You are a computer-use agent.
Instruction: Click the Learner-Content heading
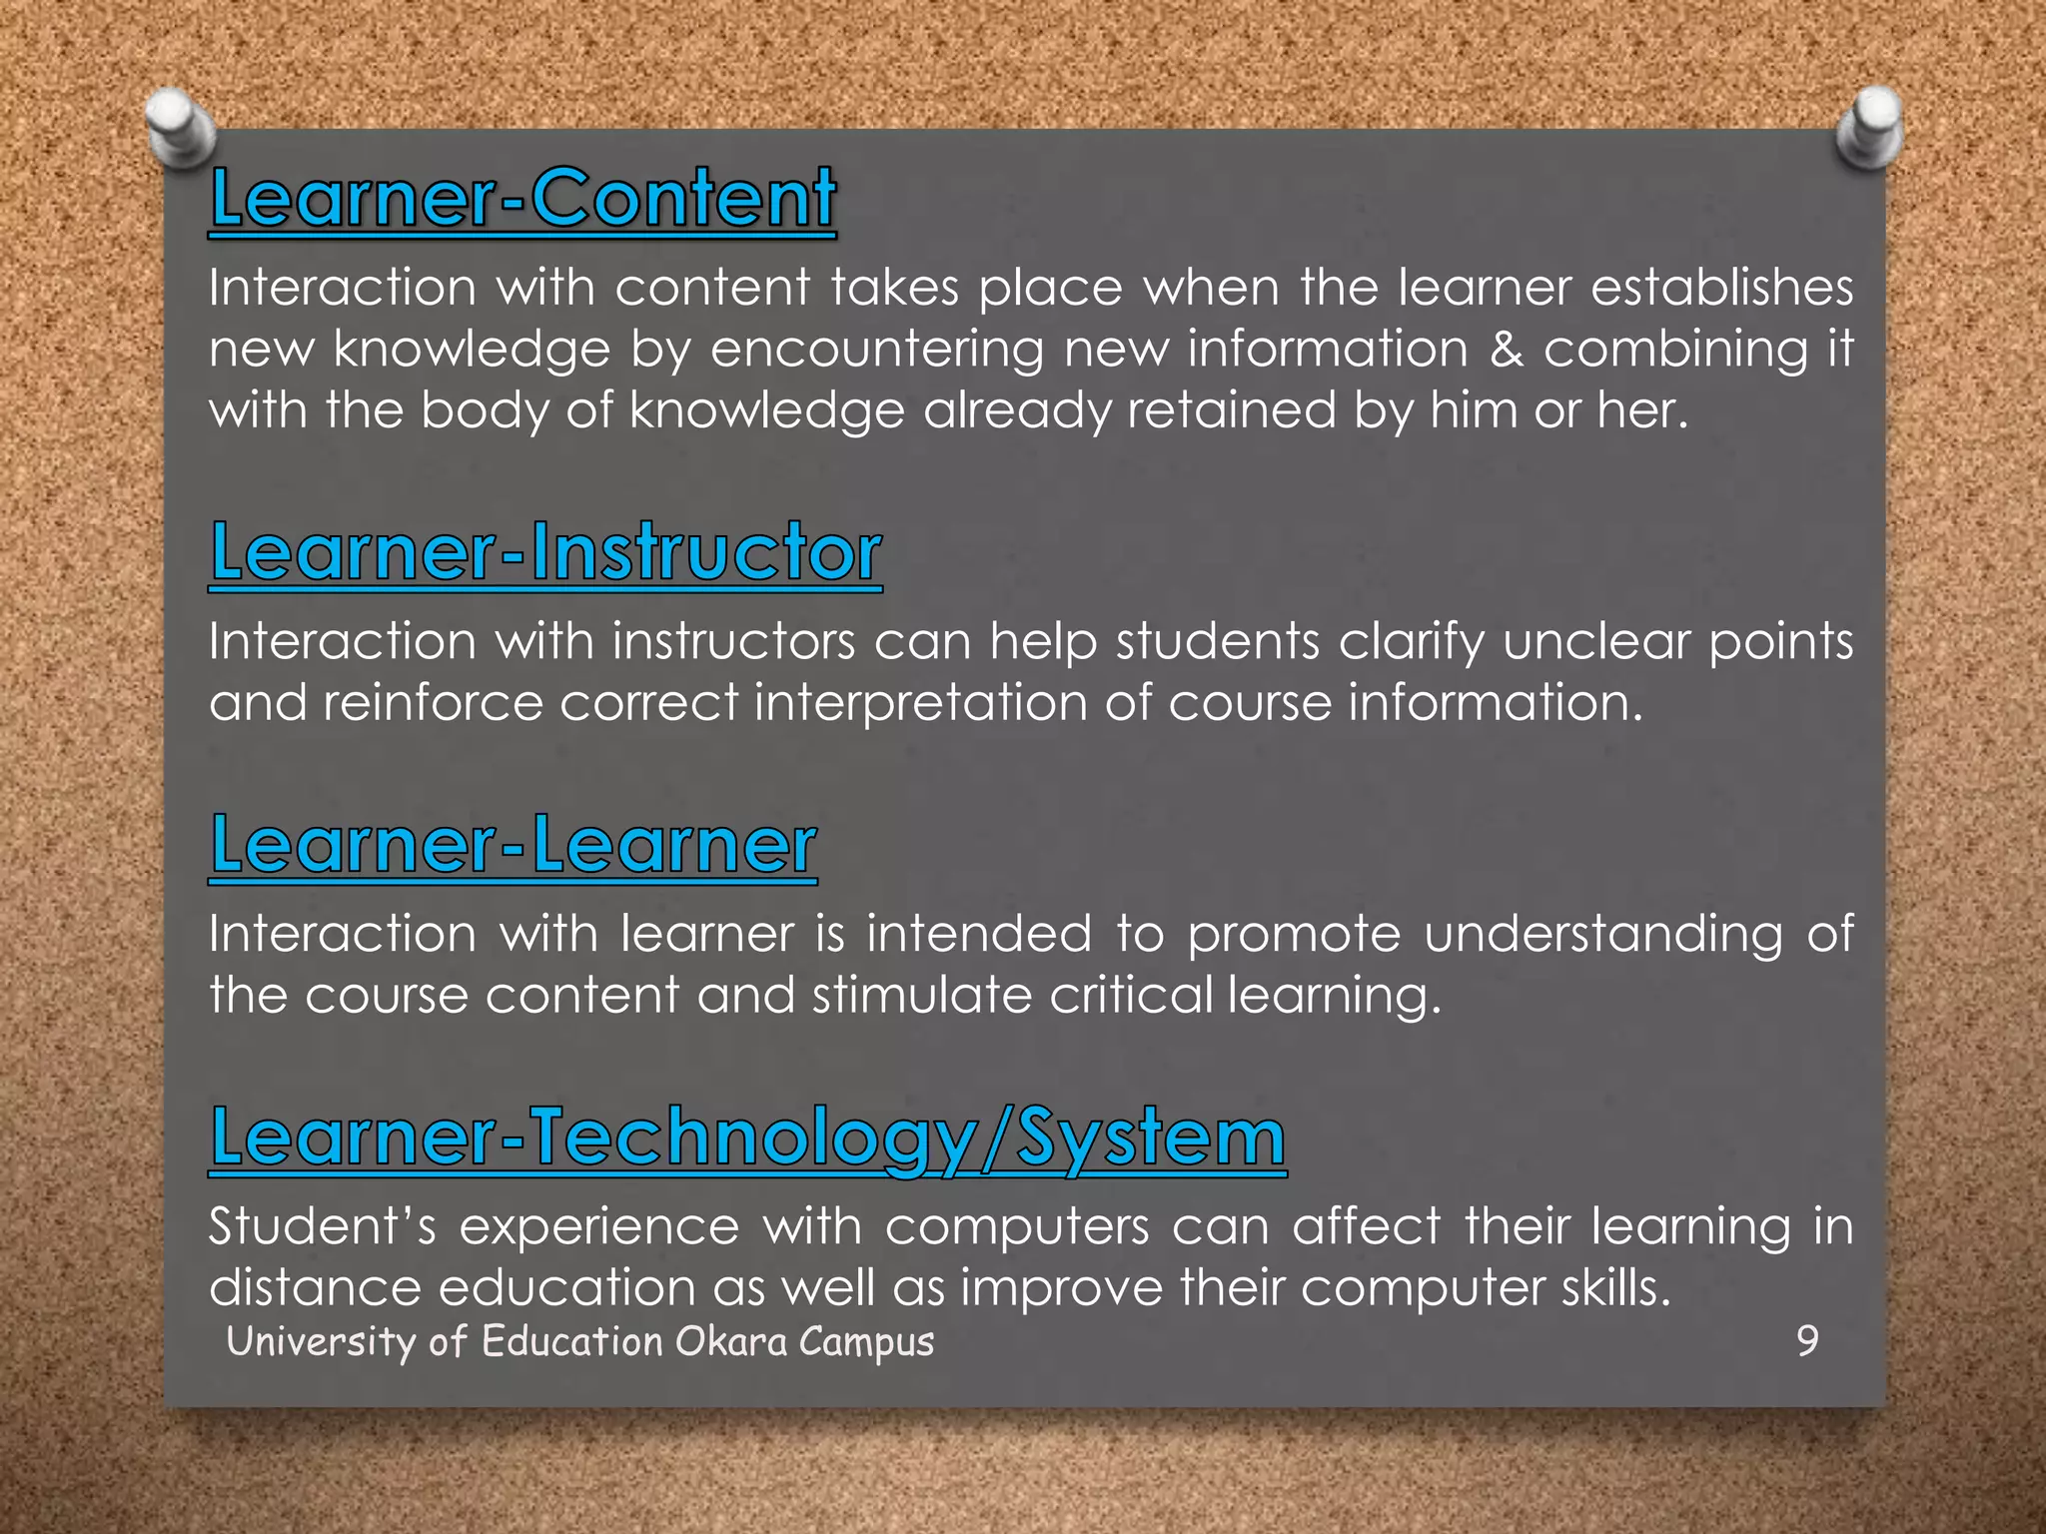522,198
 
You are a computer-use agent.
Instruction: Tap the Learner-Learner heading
513,845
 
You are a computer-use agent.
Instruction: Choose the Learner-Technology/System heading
747,1138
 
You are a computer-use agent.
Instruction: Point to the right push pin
1869,127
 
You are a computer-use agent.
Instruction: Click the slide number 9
1807,1340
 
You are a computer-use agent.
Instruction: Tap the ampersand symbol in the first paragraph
1507,350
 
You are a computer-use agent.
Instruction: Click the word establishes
1721,288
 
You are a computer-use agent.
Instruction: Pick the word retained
1231,410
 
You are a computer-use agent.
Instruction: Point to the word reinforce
433,703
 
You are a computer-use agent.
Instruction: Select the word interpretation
920,703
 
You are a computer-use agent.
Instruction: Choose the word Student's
322,1226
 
